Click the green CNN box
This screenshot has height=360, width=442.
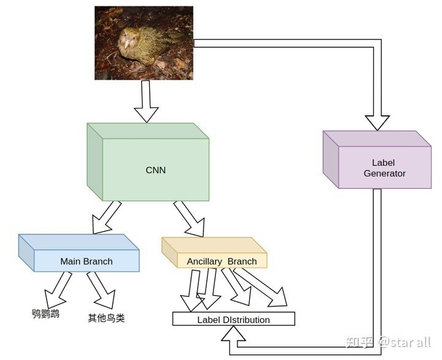[x=155, y=169]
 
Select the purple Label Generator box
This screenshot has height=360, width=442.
[x=384, y=167]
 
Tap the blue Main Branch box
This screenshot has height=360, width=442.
[x=86, y=261]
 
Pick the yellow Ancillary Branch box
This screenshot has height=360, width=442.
[x=222, y=261]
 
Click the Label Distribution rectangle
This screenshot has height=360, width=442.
[x=233, y=319]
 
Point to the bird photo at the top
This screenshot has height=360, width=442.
[x=144, y=43]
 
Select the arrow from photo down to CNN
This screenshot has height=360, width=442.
[x=146, y=101]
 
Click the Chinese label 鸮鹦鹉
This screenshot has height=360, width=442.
[x=46, y=314]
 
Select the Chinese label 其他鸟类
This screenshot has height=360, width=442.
[x=106, y=318]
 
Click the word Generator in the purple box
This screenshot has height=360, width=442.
[x=384, y=174]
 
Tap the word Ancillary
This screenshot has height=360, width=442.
[x=204, y=261]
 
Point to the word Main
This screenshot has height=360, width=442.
[x=71, y=261]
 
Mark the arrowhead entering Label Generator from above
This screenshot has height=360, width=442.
[x=377, y=122]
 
